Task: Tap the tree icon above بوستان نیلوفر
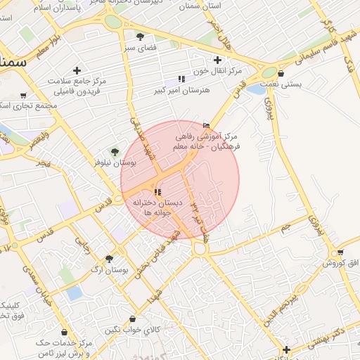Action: (115, 151)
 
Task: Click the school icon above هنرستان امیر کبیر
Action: (181, 79)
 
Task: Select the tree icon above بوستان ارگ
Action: (108, 258)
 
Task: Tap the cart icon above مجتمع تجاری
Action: (23, 96)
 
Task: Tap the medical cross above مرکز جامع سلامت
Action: (77, 70)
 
